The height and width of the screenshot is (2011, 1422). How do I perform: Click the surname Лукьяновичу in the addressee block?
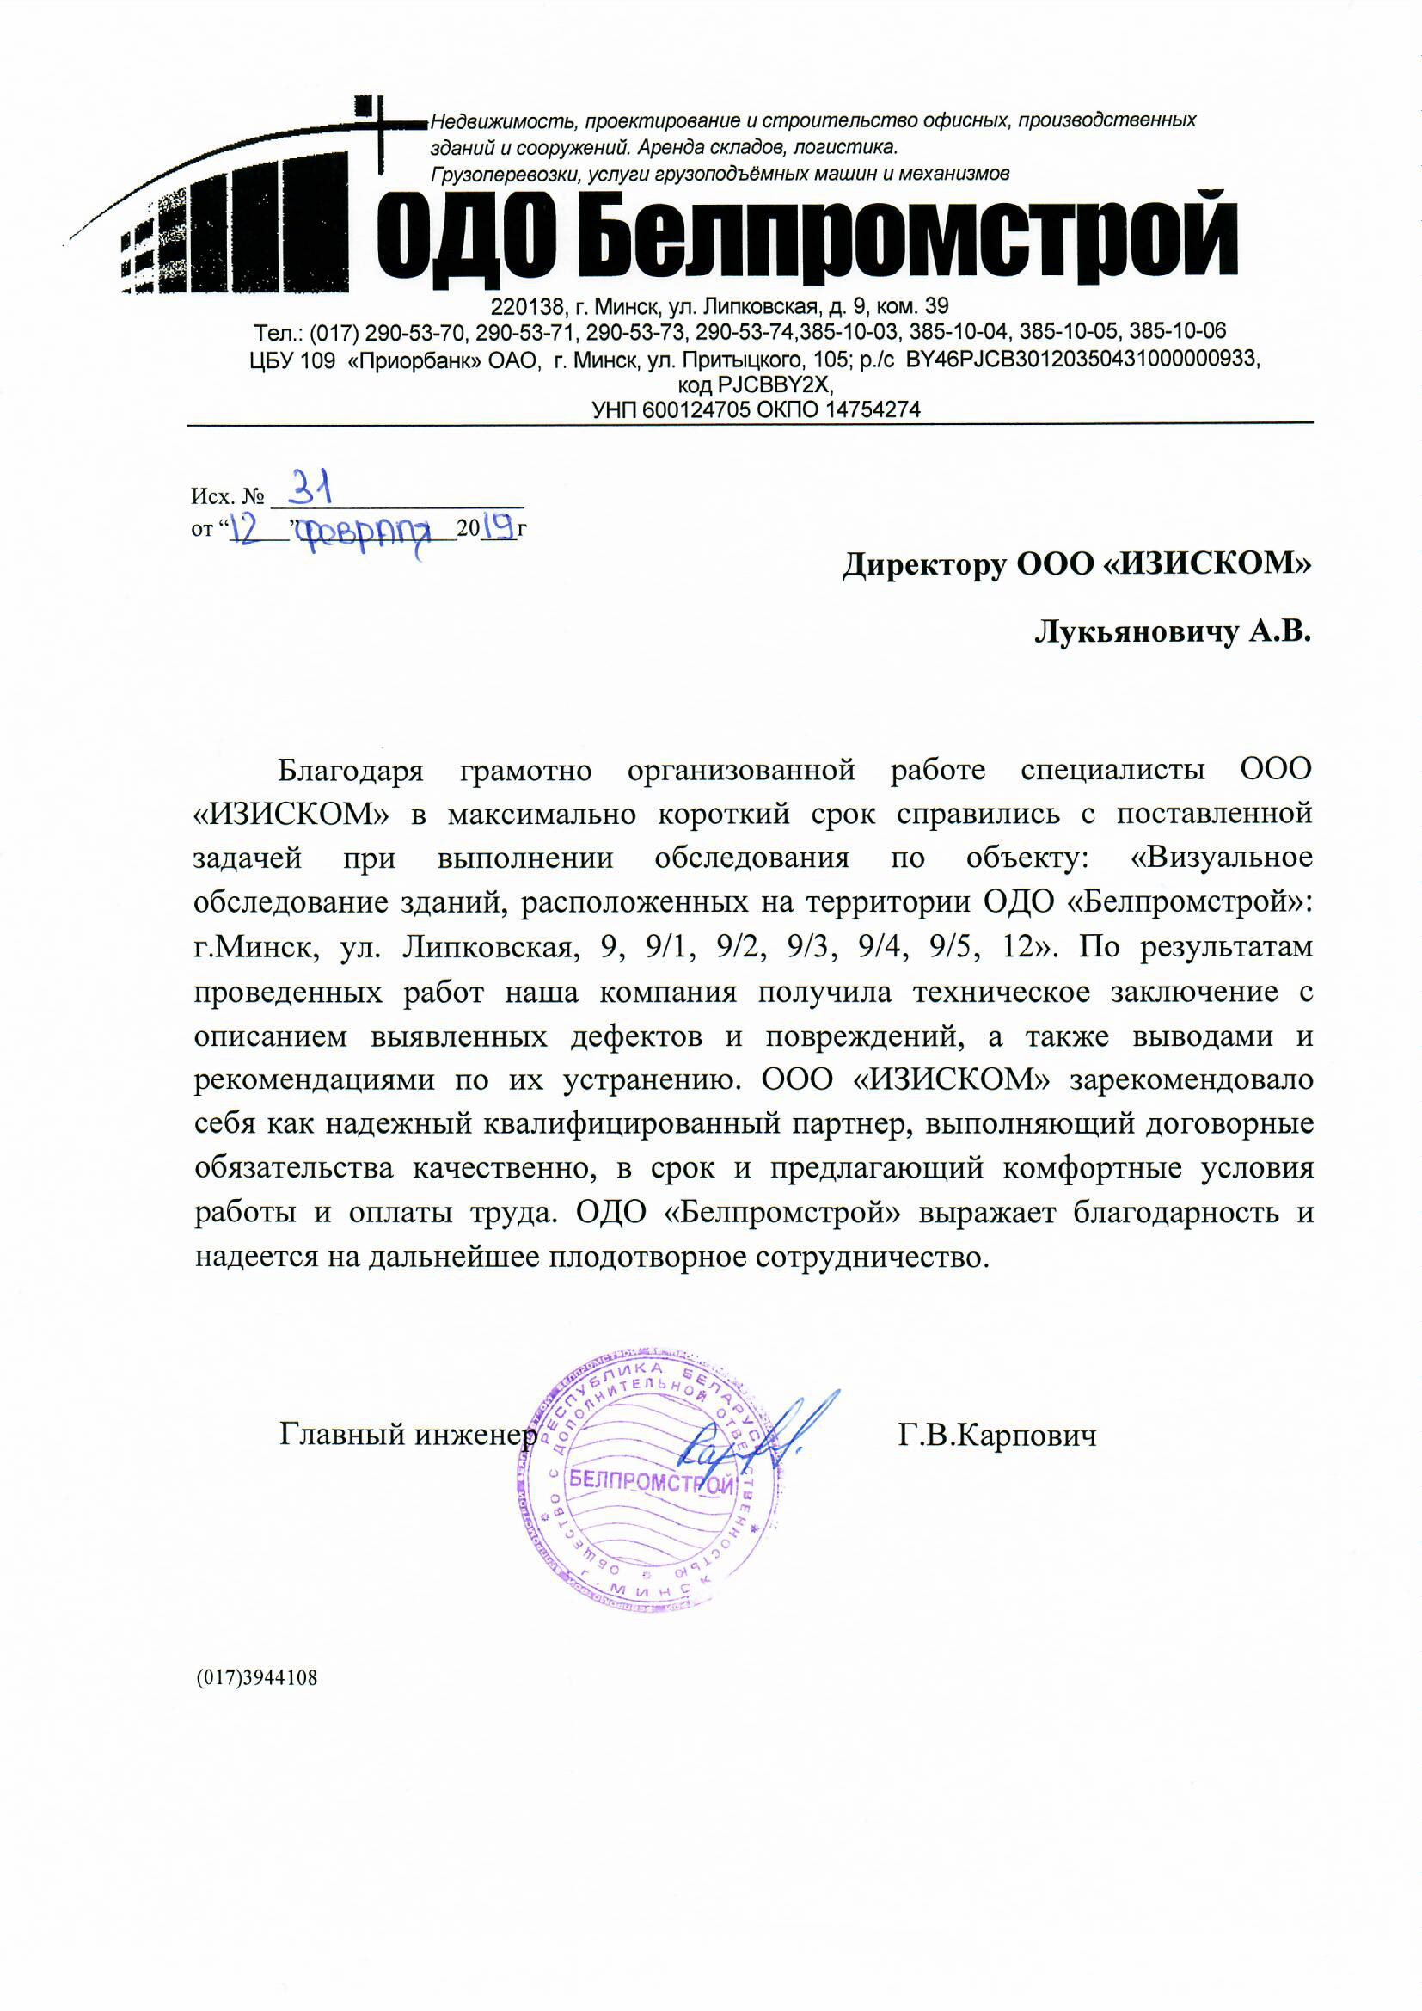point(1135,631)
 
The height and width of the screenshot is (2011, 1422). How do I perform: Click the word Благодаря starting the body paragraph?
point(350,770)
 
